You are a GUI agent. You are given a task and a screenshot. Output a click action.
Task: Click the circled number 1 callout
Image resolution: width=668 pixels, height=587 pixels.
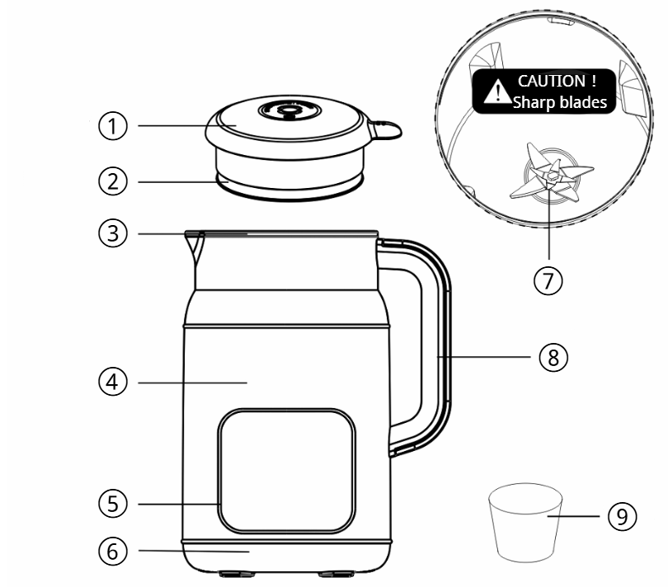tap(113, 126)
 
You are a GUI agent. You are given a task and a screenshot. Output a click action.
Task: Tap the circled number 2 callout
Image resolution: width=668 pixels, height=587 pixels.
tap(113, 181)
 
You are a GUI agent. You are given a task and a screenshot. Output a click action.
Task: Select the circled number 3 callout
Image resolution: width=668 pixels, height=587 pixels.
tap(113, 233)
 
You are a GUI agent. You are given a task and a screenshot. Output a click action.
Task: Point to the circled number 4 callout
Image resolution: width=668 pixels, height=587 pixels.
tap(113, 382)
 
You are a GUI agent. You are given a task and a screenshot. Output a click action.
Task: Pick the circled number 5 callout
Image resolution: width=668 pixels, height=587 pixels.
tap(113, 504)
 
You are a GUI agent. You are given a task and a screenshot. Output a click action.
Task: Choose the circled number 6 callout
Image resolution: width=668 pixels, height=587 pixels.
tap(113, 551)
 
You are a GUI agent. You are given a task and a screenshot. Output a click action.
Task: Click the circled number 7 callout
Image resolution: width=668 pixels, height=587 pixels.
tap(548, 280)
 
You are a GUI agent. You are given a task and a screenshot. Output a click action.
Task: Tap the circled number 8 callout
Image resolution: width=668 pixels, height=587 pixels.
tap(553, 357)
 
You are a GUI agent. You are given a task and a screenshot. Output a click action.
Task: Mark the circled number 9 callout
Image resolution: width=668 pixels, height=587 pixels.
tap(623, 516)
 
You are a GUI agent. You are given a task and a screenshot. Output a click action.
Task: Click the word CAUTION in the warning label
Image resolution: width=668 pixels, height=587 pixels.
tap(551, 81)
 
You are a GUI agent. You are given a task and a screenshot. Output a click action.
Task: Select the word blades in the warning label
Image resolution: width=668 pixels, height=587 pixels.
tap(582, 102)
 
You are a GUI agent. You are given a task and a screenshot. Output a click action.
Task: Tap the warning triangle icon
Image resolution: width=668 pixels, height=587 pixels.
tap(497, 92)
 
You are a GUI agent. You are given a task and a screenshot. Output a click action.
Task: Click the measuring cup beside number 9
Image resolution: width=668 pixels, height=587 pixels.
tap(525, 522)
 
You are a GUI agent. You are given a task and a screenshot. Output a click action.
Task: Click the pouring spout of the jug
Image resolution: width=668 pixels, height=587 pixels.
tap(195, 247)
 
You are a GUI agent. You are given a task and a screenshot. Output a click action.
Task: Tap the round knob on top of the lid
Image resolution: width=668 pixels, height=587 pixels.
tap(289, 110)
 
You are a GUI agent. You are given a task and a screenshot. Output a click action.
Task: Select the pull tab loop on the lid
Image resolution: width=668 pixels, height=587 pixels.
tap(387, 129)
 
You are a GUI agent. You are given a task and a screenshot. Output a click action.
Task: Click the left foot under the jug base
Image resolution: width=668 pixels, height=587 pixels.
tap(237, 574)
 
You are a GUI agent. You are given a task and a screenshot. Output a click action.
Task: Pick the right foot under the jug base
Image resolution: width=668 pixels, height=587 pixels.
tap(336, 574)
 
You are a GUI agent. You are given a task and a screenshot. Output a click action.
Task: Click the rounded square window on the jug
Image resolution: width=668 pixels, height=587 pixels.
tap(286, 471)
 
